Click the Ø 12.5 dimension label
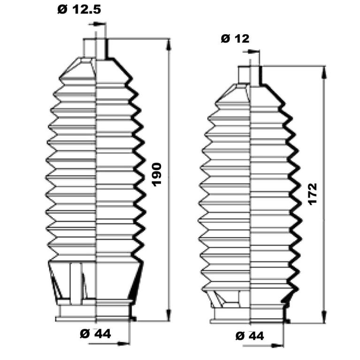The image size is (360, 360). [79, 10]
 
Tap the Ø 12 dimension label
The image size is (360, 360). [235, 38]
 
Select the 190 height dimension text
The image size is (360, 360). [157, 175]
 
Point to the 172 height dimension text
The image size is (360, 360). [313, 194]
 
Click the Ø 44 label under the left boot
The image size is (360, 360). [95, 334]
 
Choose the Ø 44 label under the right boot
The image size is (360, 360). [250, 336]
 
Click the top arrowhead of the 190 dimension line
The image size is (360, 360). [169, 45]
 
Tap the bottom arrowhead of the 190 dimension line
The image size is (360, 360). [169, 314]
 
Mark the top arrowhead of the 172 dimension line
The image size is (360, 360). [324, 72]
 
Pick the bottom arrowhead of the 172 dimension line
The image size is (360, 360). [324, 317]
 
